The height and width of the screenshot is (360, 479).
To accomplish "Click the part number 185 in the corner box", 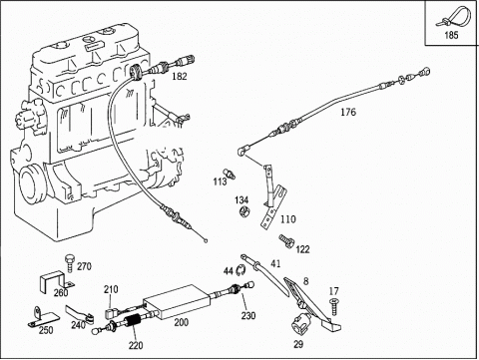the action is click(451, 35).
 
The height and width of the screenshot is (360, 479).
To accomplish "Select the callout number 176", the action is click(348, 112).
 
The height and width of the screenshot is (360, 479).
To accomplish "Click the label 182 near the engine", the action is click(180, 76).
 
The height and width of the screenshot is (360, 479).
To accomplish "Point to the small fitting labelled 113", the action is click(230, 173).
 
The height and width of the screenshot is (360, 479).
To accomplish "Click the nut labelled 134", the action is click(244, 210).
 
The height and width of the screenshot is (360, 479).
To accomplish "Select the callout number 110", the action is click(287, 219).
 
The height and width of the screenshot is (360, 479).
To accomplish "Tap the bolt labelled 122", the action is click(285, 240).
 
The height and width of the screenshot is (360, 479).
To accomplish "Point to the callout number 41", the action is click(275, 263).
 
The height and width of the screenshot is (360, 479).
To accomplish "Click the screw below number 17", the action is click(333, 307).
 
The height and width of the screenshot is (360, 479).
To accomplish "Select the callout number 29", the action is click(298, 344).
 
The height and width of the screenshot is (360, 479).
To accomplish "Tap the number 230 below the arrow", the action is click(248, 315).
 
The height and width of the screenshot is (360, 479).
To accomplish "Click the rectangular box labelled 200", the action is click(177, 302).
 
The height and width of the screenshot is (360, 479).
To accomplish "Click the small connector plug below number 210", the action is click(110, 313).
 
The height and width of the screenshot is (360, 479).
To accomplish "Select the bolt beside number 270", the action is click(70, 264).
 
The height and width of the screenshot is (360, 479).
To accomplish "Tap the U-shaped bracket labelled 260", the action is click(55, 281).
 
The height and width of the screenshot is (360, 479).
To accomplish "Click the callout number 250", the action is click(46, 330).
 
